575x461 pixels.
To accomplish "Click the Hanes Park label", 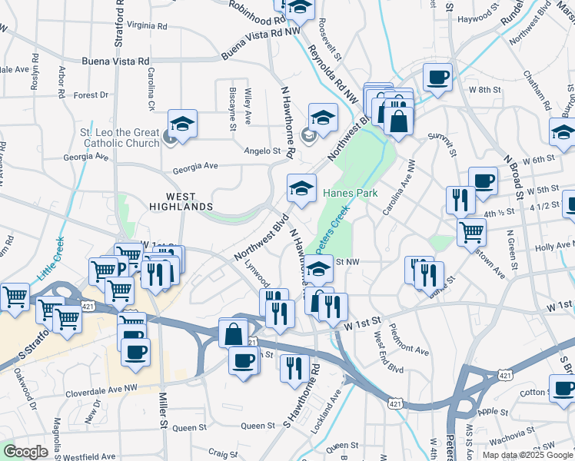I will [351, 193].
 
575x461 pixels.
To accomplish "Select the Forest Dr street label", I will [91, 95].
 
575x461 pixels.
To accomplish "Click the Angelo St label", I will [261, 151].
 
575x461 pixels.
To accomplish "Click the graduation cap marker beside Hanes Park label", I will [301, 187].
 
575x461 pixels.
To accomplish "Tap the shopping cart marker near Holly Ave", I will [471, 229].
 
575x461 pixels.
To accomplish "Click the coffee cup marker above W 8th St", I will [437, 77].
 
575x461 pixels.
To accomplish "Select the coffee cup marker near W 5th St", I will [483, 181].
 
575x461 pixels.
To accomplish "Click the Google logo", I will [25, 452].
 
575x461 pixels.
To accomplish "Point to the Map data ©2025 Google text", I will [526, 455].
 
